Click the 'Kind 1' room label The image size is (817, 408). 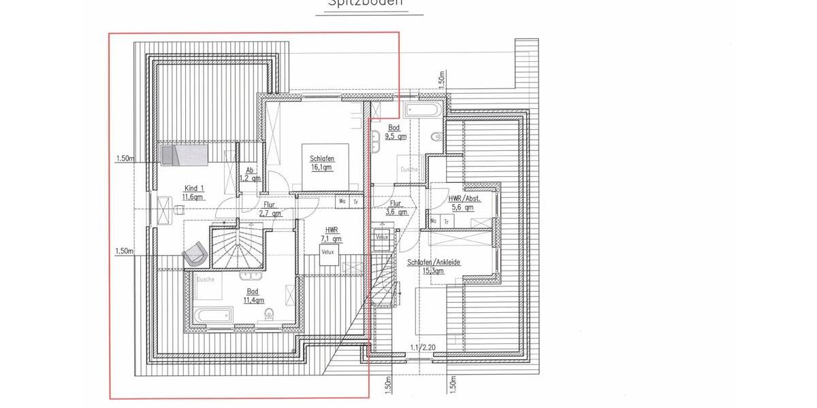click(x=194, y=188)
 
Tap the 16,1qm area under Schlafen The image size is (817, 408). click(x=321, y=167)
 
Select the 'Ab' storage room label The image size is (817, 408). click(x=250, y=170)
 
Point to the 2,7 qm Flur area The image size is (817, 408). click(x=270, y=214)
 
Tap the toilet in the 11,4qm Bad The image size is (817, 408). click(x=270, y=313)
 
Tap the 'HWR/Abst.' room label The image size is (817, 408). click(x=465, y=199)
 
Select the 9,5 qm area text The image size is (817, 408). click(x=396, y=136)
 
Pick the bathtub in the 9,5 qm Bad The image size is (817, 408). click(x=423, y=110)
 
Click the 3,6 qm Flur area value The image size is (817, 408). click(x=397, y=211)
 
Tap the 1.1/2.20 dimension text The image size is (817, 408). click(x=423, y=348)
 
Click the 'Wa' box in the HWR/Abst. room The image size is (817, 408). click(x=434, y=221)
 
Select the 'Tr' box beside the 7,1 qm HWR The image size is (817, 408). click(x=356, y=201)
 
